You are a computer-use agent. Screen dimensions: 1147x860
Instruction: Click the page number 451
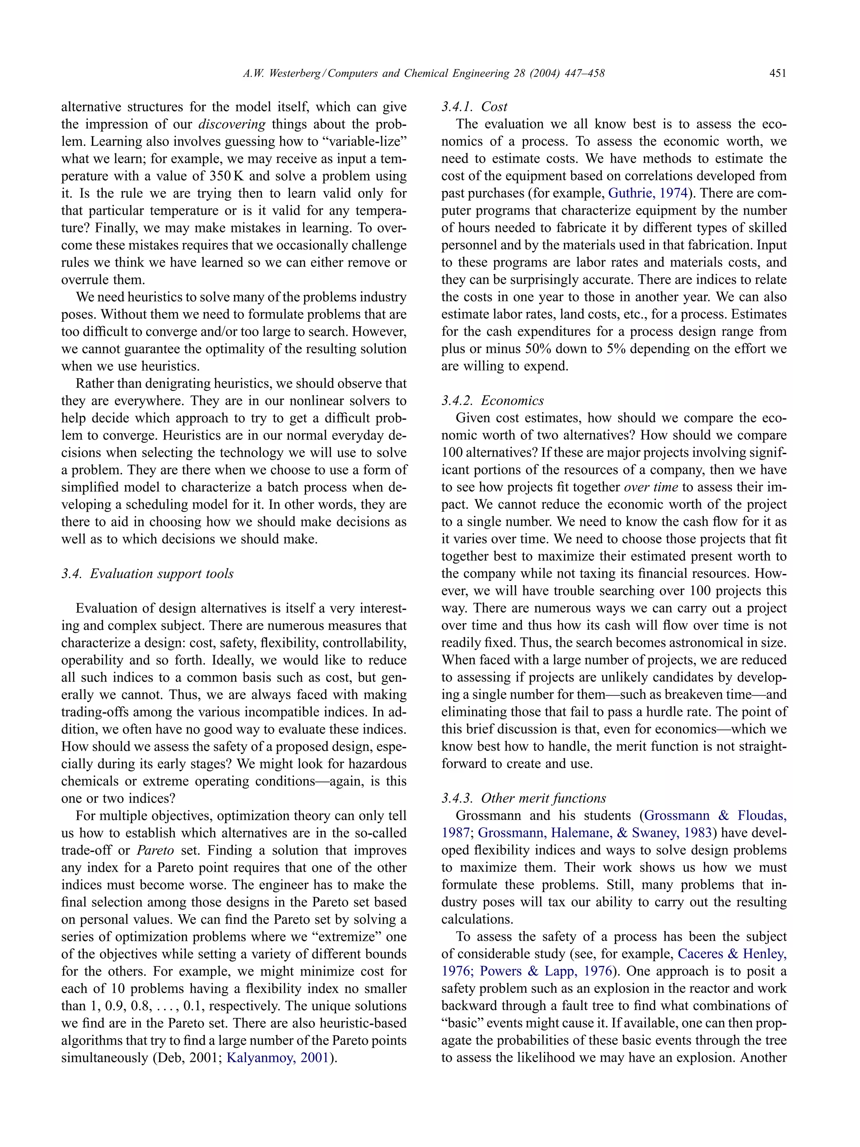pyautogui.click(x=778, y=74)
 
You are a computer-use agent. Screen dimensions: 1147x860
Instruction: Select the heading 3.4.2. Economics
pyautogui.click(x=492, y=401)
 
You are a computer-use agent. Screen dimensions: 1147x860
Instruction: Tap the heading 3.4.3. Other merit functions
pyautogui.click(x=523, y=799)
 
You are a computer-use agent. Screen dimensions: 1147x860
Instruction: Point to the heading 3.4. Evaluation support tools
pyautogui.click(x=147, y=574)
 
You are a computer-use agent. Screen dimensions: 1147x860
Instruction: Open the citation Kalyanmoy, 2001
pyautogui.click(x=277, y=1058)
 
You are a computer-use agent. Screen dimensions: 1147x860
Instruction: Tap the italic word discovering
pyautogui.click(x=232, y=124)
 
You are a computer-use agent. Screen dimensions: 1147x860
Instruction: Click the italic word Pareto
pyautogui.click(x=155, y=850)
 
